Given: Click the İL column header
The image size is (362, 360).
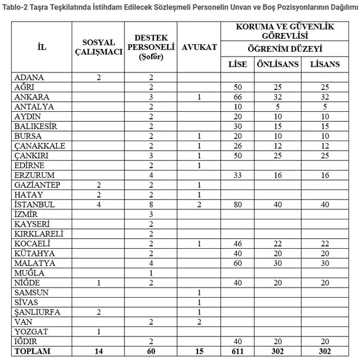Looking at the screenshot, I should coord(42,46).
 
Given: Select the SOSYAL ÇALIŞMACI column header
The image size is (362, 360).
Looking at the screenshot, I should coord(97,46).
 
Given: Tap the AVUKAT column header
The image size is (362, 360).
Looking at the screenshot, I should coord(200,46).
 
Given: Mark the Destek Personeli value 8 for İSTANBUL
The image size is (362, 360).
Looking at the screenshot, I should coord(151,204).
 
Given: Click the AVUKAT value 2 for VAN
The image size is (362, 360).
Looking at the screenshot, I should coord(200,321).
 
